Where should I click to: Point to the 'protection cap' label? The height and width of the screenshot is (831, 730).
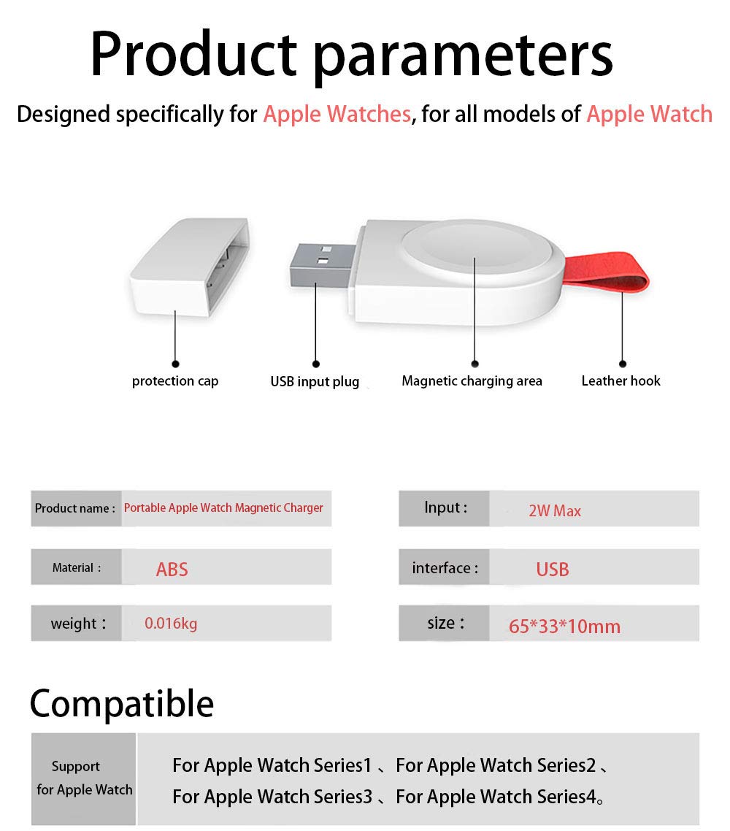(175, 381)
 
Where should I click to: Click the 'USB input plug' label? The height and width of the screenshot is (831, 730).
(315, 382)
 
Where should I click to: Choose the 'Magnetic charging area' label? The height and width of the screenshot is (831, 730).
(472, 381)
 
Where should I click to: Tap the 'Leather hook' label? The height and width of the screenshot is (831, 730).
(620, 381)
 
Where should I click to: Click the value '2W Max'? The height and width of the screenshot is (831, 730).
(555, 511)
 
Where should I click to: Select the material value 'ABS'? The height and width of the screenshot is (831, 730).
(172, 570)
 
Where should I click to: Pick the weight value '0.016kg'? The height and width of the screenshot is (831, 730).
(171, 624)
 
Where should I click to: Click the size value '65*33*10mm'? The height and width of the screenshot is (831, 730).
(564, 627)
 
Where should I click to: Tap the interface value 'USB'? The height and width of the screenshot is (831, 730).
(552, 570)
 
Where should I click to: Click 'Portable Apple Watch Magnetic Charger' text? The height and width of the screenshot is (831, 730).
(223, 508)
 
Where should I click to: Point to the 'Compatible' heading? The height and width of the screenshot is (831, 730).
(122, 704)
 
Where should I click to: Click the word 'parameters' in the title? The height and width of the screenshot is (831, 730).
(464, 55)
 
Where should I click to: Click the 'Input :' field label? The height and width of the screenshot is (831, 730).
(445, 508)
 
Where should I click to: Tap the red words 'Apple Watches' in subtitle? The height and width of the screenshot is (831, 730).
(337, 115)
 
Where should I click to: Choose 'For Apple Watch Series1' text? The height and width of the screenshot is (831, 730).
(272, 765)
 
